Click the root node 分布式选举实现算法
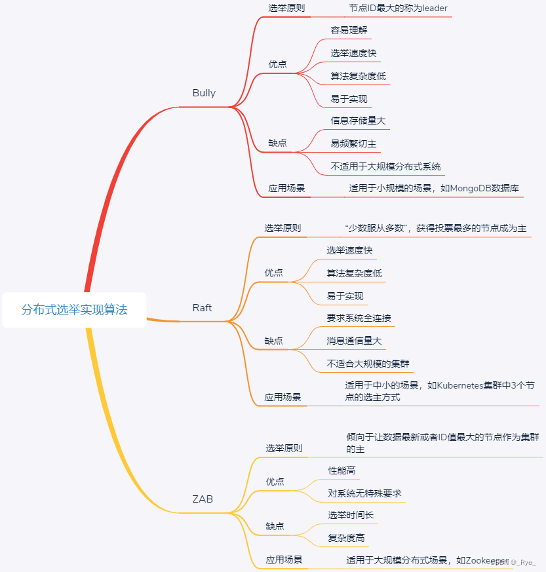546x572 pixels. tap(74, 310)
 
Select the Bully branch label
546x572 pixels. tap(204, 93)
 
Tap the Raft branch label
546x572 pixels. tap(202, 308)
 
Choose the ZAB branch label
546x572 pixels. tap(203, 499)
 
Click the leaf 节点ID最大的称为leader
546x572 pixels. tap(398, 9)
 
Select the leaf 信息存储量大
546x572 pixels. tap(358, 121)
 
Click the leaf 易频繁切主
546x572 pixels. tap(353, 143)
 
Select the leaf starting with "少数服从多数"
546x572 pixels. tap(435, 229)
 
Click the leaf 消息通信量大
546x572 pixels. tap(354, 341)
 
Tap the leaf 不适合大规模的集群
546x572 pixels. tap(368, 364)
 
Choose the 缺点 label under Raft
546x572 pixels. tap(273, 341)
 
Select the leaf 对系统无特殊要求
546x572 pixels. tap(364, 493)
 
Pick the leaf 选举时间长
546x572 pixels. tap(351, 515)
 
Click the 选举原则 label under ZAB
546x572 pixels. tap(284, 449)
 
